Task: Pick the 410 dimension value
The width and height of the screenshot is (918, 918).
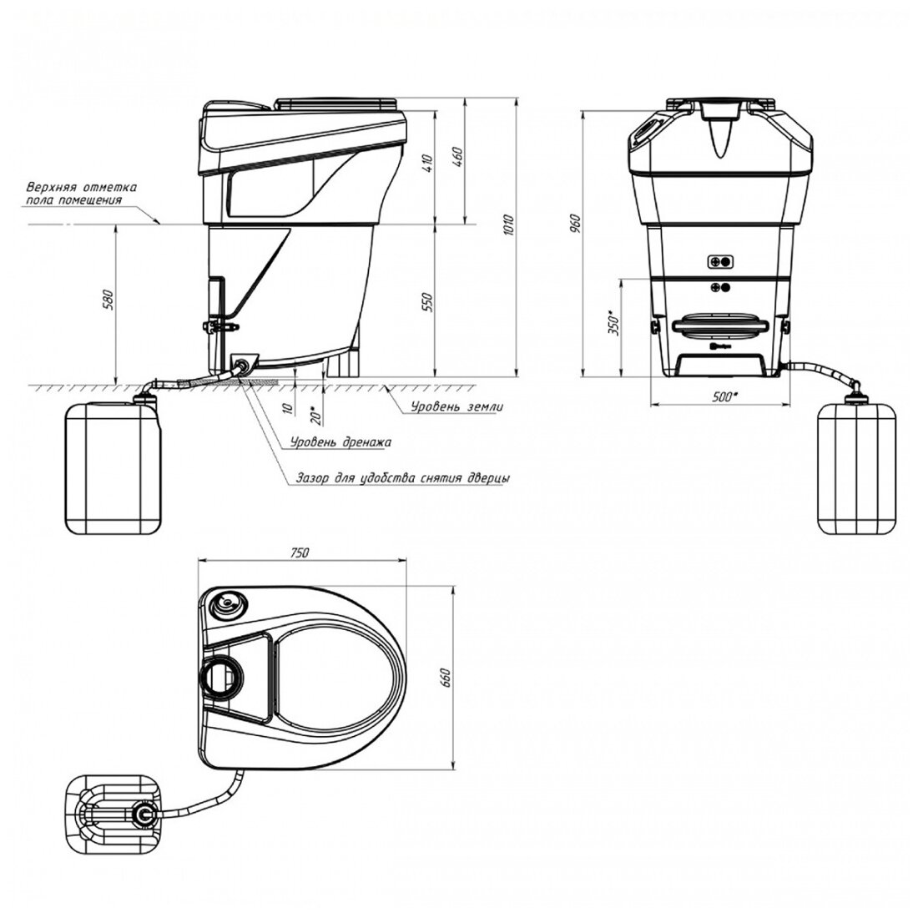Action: (x=428, y=163)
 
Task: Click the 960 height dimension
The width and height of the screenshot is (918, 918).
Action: (x=575, y=224)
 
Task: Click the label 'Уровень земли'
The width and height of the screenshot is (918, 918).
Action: (x=448, y=407)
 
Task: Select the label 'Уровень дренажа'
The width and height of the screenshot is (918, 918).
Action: (x=340, y=442)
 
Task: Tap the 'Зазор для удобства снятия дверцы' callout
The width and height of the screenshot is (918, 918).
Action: (x=402, y=478)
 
